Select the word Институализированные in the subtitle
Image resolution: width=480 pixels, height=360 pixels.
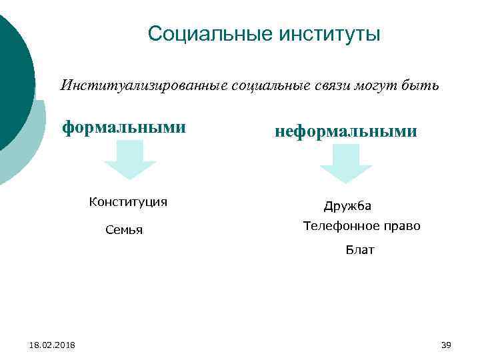(145, 86)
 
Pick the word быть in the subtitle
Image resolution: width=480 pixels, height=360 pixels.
(422, 86)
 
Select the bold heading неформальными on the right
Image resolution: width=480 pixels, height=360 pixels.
(346, 131)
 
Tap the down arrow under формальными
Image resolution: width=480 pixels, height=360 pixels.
(130, 160)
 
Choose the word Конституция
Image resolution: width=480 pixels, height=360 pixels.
(128, 202)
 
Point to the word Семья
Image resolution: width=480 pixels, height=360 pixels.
(124, 231)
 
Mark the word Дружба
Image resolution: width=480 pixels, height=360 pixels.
(347, 207)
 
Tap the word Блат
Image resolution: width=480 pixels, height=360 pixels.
(360, 250)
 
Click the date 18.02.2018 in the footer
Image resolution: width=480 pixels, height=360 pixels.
(53, 345)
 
